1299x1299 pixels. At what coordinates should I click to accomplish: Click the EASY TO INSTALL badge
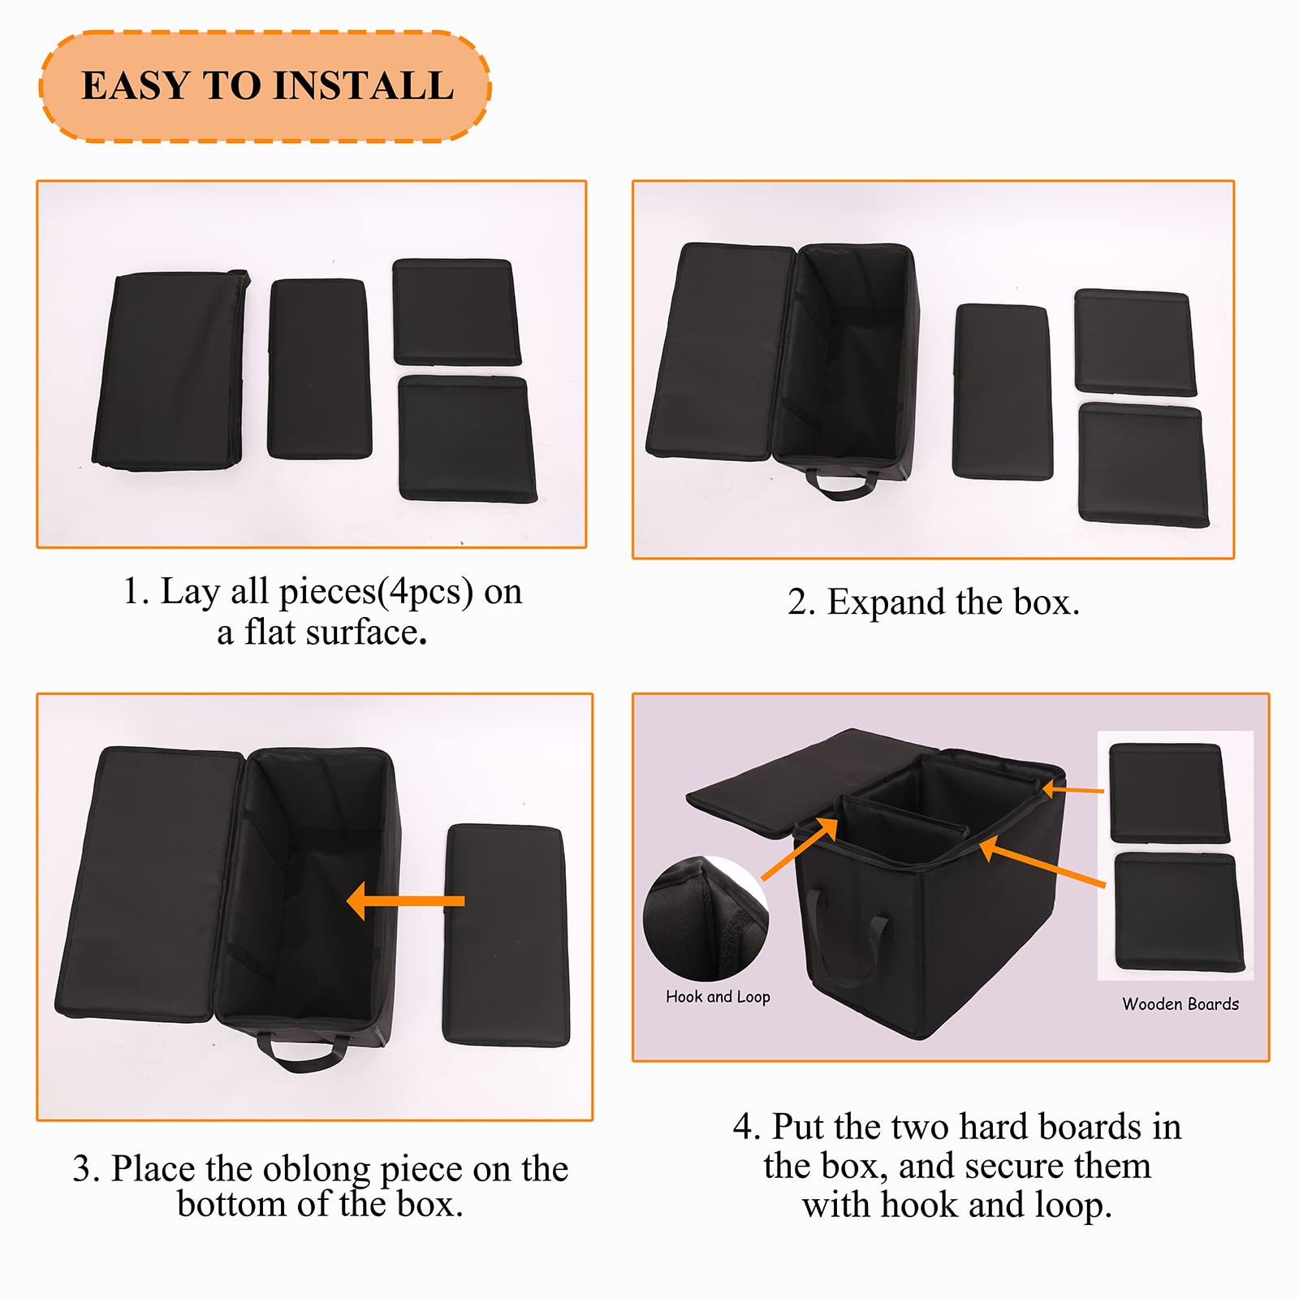(x=265, y=86)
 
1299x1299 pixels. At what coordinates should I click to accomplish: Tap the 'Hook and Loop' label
(x=718, y=997)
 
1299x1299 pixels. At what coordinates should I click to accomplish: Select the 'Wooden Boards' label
(x=1180, y=1004)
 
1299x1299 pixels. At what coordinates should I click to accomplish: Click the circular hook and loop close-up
(x=706, y=918)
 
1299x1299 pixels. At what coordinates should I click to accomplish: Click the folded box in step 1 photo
(x=170, y=370)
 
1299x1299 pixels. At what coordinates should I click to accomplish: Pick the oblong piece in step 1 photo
(x=319, y=369)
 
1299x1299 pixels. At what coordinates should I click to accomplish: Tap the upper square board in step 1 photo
(x=456, y=312)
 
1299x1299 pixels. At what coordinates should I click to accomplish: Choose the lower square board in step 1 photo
(x=467, y=438)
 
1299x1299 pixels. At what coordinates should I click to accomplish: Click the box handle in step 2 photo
(x=841, y=486)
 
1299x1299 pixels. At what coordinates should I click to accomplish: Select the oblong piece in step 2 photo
(x=1002, y=392)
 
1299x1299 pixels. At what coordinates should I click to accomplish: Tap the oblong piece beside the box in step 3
(x=506, y=935)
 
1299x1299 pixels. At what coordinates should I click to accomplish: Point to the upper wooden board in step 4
(x=1169, y=793)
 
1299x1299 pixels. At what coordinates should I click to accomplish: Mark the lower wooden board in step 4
(x=1179, y=911)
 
